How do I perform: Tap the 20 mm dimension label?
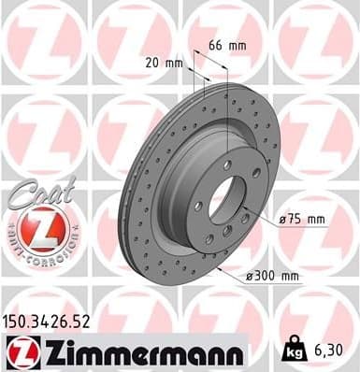(x=165, y=63)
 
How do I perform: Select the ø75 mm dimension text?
(x=301, y=220)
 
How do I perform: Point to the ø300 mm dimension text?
(x=273, y=276)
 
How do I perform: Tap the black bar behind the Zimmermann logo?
(x=224, y=351)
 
